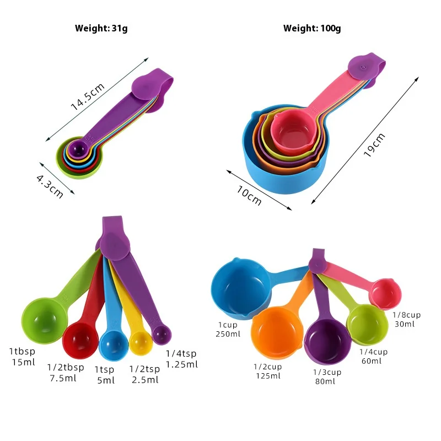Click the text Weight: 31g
pyautogui.click(x=101, y=28)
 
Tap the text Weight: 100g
pyautogui.click(x=312, y=28)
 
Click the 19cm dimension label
pyautogui.click(x=375, y=146)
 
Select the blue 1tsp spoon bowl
pyautogui.click(x=114, y=342)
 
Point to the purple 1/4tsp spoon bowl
pyautogui.click(x=162, y=333)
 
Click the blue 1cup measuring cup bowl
pyautogui.click(x=240, y=288)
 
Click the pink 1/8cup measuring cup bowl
pyautogui.click(x=385, y=294)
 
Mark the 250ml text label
pyautogui.click(x=228, y=334)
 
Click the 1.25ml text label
pyautogui.click(x=181, y=364)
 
